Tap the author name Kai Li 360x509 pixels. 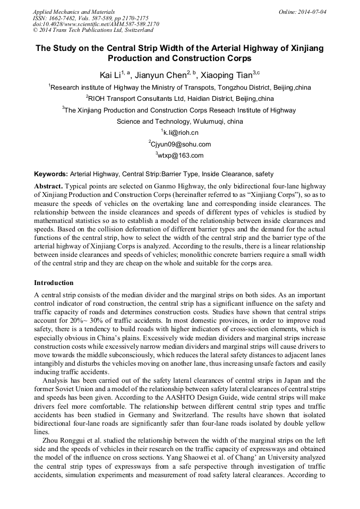110,75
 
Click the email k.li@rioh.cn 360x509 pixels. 181,133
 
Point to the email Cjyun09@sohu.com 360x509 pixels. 181,144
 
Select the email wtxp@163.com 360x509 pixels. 181,156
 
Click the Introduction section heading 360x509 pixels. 54,283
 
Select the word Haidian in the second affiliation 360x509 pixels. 186,99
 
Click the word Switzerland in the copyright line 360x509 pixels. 138,31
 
